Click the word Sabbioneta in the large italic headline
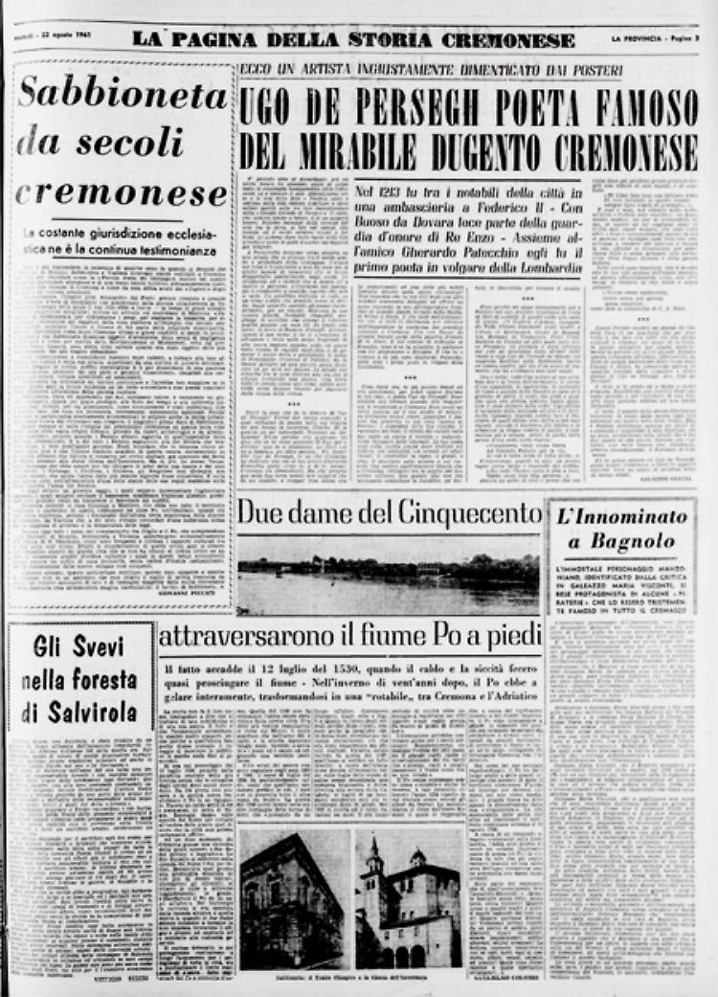pos(123,96)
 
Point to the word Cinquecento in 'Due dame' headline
pos(460,513)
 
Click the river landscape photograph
pos(388,575)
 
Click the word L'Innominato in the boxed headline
pos(621,517)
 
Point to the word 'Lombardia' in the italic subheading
pos(539,270)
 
